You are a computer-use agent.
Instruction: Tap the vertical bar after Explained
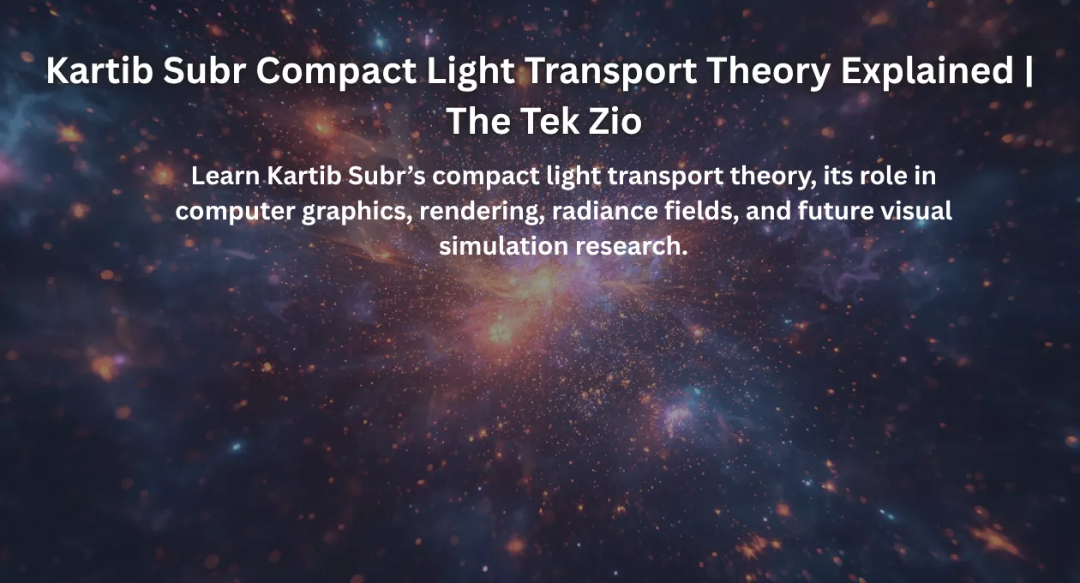(1029, 71)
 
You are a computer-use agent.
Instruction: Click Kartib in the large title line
(99, 71)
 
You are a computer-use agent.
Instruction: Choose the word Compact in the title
(336, 71)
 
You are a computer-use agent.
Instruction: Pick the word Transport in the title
(611, 71)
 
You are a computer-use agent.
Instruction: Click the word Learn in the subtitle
(225, 176)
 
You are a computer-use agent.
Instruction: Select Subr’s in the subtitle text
(387, 176)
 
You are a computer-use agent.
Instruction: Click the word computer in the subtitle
(235, 212)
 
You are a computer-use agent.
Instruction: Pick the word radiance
(604, 211)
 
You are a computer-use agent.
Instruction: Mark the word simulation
(504, 246)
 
